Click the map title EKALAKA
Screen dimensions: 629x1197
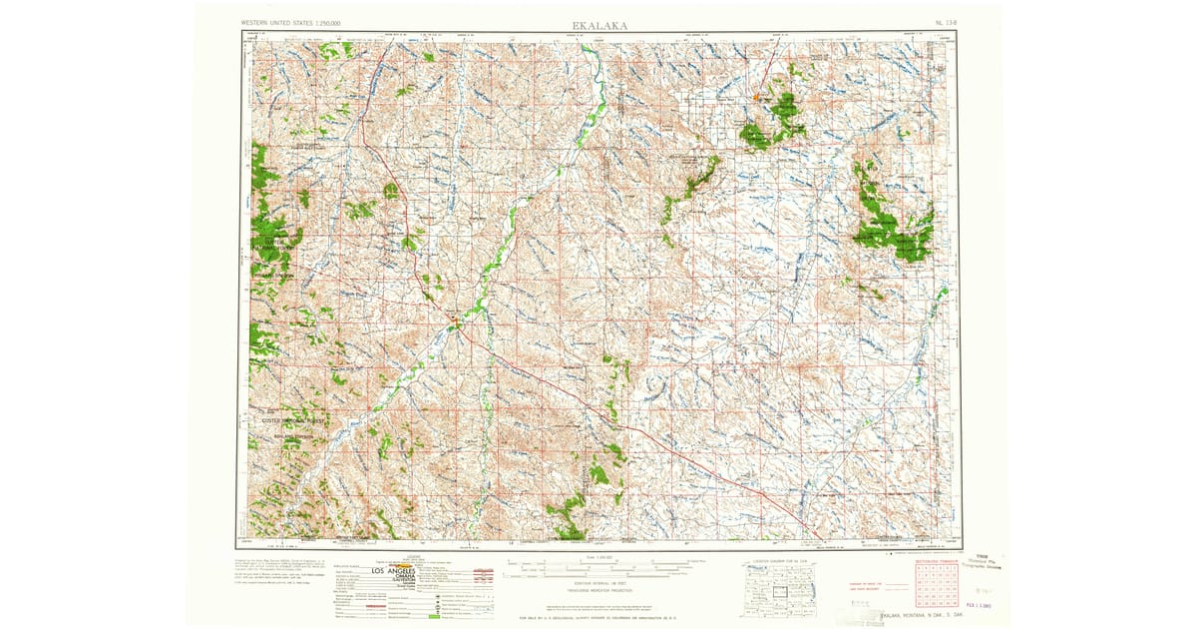point(598,24)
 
